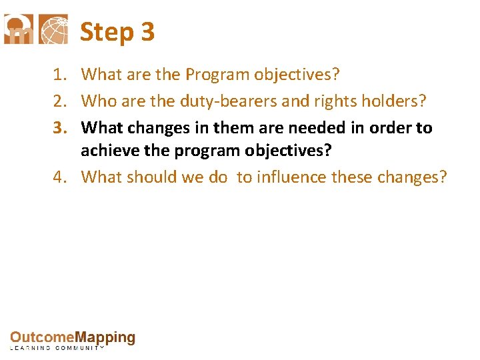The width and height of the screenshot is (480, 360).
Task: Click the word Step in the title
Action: pos(107,32)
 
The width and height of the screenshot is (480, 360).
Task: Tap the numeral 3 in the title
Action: pos(147,32)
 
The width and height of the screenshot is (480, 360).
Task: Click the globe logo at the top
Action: pos(53,29)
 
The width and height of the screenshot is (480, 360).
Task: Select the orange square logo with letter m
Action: pos(19,29)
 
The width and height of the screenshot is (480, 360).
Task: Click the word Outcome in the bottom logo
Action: pos(41,338)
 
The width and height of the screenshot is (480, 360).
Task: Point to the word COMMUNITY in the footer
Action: pos(79,349)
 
